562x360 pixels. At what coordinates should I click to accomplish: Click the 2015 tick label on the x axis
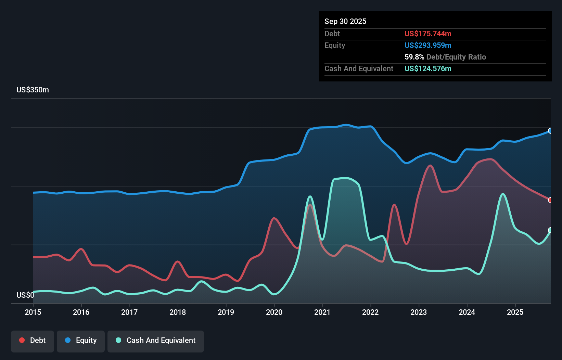(33, 312)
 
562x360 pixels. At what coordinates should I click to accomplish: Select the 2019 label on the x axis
(226, 312)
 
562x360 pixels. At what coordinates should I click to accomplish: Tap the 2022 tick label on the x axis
(370, 312)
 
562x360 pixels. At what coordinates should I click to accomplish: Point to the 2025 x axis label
(515, 312)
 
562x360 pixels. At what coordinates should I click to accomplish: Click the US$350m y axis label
(33, 90)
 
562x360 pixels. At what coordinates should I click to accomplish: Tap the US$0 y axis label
(25, 295)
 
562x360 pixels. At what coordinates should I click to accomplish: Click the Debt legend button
(33, 340)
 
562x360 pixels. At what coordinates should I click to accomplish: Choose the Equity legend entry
(81, 340)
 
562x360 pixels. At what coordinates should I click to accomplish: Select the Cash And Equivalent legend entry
(156, 340)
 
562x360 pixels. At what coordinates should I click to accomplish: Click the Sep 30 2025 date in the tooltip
(345, 21)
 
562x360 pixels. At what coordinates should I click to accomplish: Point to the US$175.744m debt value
(427, 34)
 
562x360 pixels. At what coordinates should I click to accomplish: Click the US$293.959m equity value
(427, 45)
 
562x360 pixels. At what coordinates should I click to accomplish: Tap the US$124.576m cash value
(427, 68)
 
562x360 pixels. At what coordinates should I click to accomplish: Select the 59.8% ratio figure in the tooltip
(414, 57)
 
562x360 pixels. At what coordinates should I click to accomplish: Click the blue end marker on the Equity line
(550, 131)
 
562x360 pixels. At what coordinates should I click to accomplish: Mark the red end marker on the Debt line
(550, 200)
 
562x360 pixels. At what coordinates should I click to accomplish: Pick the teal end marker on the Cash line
(550, 230)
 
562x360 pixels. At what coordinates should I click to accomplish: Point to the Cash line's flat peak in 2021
(346, 178)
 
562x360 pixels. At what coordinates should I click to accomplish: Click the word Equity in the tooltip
(334, 45)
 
